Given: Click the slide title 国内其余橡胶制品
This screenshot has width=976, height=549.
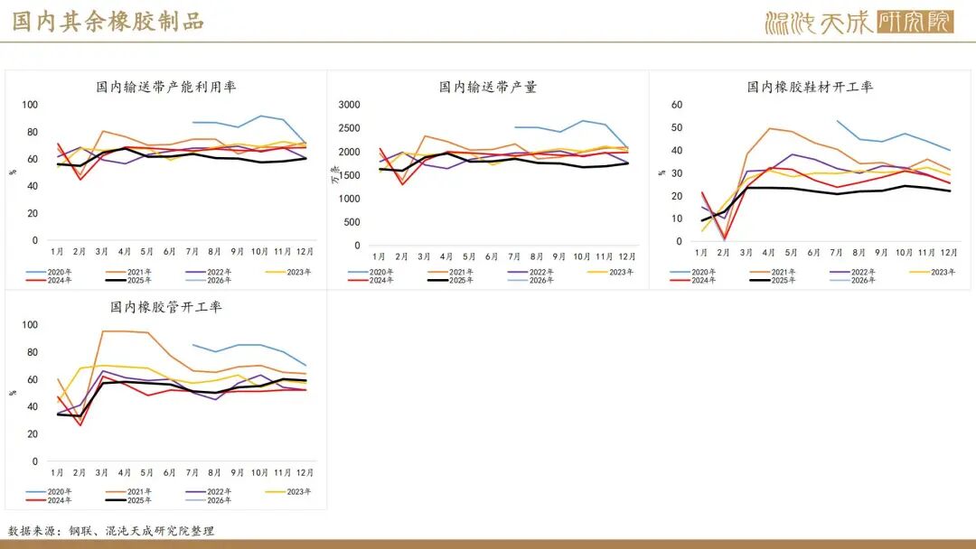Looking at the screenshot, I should pyautogui.click(x=108, y=22).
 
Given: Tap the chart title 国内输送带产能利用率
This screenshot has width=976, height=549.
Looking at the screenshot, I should pyautogui.click(x=166, y=87).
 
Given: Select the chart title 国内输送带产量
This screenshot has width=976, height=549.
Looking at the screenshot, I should pyautogui.click(x=488, y=87).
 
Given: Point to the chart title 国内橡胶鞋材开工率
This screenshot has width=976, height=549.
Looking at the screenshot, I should pyautogui.click(x=810, y=87).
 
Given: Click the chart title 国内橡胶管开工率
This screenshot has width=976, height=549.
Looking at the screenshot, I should pyautogui.click(x=166, y=307).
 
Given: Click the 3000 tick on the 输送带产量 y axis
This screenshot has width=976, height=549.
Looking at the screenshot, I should pyautogui.click(x=350, y=105).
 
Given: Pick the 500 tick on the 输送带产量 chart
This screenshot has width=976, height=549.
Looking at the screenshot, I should pyautogui.click(x=352, y=221).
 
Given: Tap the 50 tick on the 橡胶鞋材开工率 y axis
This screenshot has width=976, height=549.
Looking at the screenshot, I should pyautogui.click(x=677, y=127).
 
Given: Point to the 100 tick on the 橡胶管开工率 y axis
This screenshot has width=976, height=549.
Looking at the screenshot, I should pyautogui.click(x=30, y=324).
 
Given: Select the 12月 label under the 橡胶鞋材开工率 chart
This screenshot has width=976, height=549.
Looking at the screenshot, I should pyautogui.click(x=949, y=252).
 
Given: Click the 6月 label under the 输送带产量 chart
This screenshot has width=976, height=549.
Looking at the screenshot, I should pyautogui.click(x=492, y=257).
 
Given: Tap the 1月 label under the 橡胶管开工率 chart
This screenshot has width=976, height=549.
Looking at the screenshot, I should pyautogui.click(x=57, y=472).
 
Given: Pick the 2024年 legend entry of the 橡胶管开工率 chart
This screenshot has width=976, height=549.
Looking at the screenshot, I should pyautogui.click(x=53, y=499).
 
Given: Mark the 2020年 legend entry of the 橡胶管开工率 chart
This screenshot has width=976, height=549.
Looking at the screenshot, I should pyautogui.click(x=53, y=491).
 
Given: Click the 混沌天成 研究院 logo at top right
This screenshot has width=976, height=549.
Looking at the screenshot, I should pyautogui.click(x=858, y=22).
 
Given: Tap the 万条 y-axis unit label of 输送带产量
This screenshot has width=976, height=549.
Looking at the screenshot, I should pyautogui.click(x=335, y=174).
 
